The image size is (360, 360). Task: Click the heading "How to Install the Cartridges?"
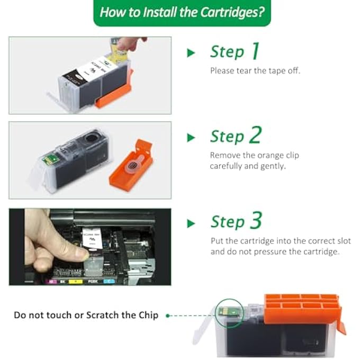pyautogui.click(x=182, y=13)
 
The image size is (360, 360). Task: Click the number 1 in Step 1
pyautogui.click(x=255, y=51)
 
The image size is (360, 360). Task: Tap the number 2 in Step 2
pyautogui.click(x=255, y=136)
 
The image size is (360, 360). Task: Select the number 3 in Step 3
pyautogui.click(x=256, y=221)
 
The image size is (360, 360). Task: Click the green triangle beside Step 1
pyautogui.click(x=191, y=52)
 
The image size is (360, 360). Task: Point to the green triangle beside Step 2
pyautogui.click(x=191, y=138)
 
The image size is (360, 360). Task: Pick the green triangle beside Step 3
pyautogui.click(x=191, y=223)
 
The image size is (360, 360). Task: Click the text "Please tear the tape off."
pyautogui.click(x=255, y=70)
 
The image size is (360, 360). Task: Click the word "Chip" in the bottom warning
pyautogui.click(x=147, y=315)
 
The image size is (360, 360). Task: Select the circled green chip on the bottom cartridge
pyautogui.click(x=224, y=311)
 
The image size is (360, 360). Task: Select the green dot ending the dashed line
pyautogui.click(x=168, y=316)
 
